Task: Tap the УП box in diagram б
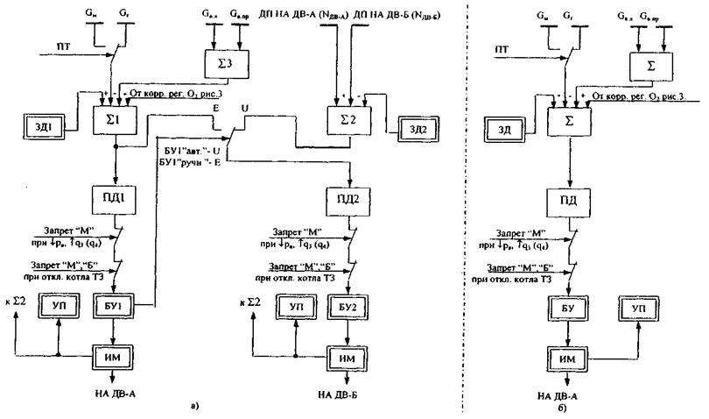[x=643, y=306]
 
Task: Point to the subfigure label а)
[x=193, y=406]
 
